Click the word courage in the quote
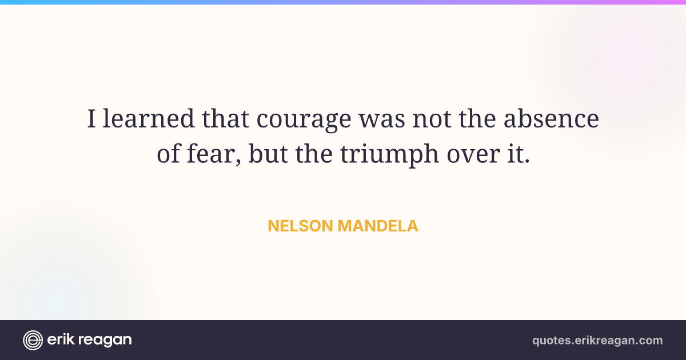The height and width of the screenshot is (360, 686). (x=304, y=119)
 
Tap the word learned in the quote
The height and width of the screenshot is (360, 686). (x=149, y=118)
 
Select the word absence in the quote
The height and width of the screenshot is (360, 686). (x=551, y=118)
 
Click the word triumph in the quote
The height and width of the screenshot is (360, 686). (x=389, y=155)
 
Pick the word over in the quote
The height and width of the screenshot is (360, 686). (x=473, y=155)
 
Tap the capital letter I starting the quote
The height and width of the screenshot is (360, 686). (x=91, y=118)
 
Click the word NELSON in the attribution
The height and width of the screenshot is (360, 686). (x=301, y=226)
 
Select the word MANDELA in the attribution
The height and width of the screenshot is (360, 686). (x=378, y=226)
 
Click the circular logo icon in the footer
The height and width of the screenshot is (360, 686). (x=33, y=340)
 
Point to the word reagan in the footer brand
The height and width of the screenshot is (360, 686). (x=105, y=341)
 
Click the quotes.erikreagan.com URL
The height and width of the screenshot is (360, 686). (x=597, y=341)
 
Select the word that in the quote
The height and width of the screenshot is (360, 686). (x=225, y=118)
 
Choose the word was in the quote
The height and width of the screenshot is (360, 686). (x=382, y=120)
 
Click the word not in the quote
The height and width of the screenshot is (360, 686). (x=432, y=119)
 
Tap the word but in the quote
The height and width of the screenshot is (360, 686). (x=268, y=153)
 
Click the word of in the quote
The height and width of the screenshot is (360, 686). (x=169, y=153)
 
